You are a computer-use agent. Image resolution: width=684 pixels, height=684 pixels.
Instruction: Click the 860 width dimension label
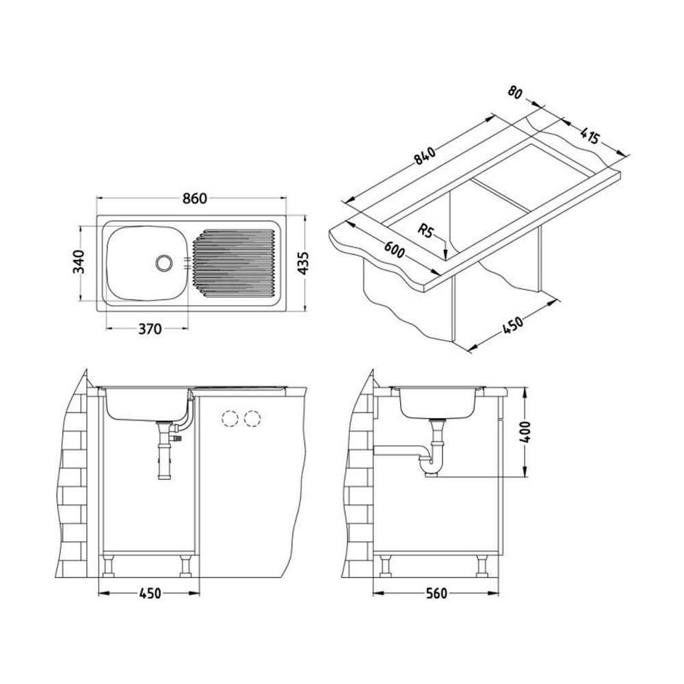pyautogui.click(x=194, y=198)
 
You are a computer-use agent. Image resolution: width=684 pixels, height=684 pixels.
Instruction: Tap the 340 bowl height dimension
pyautogui.click(x=79, y=262)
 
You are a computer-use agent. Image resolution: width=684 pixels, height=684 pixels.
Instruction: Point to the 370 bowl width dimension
pyautogui.click(x=150, y=328)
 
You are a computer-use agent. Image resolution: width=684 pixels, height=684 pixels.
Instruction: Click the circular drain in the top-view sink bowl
pyautogui.click(x=164, y=263)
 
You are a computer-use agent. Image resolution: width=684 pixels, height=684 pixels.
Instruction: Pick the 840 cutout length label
pyautogui.click(x=425, y=156)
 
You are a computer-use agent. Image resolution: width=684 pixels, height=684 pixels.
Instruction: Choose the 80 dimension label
pyautogui.click(x=516, y=92)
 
